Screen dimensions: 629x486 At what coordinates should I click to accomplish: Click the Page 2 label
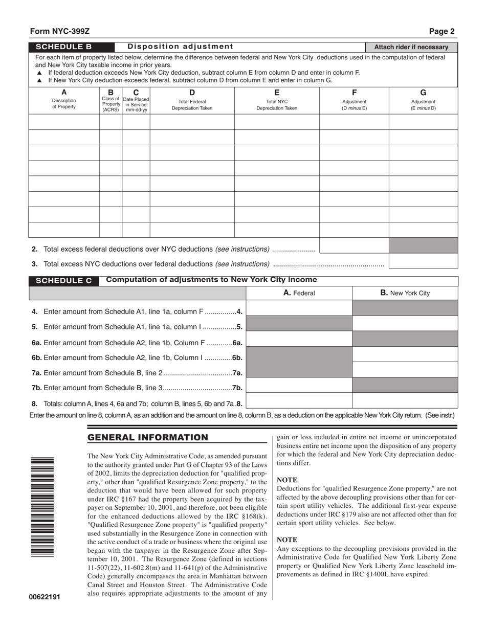point(441,31)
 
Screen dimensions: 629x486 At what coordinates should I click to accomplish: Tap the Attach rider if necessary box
point(411,47)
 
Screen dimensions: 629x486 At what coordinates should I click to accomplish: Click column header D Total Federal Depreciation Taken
point(192,100)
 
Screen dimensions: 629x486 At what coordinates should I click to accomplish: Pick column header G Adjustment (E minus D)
point(423,100)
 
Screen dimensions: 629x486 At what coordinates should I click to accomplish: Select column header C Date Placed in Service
point(136,100)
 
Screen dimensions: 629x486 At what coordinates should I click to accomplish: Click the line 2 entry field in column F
point(354,246)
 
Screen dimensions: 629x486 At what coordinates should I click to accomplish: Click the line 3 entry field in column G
point(423,261)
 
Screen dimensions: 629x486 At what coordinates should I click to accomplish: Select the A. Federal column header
point(299,293)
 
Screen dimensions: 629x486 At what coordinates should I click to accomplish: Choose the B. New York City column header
point(405,293)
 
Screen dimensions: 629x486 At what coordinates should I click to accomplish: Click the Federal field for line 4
point(299,308)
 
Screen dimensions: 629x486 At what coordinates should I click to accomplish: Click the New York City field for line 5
point(405,324)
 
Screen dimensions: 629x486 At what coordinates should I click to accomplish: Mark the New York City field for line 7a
point(405,370)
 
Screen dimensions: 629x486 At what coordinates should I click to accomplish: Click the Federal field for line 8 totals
point(299,400)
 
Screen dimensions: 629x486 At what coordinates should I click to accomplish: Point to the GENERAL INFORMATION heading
point(148,437)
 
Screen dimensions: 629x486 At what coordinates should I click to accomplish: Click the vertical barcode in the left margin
point(42,506)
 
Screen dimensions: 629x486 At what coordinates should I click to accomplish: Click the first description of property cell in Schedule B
point(64,122)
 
